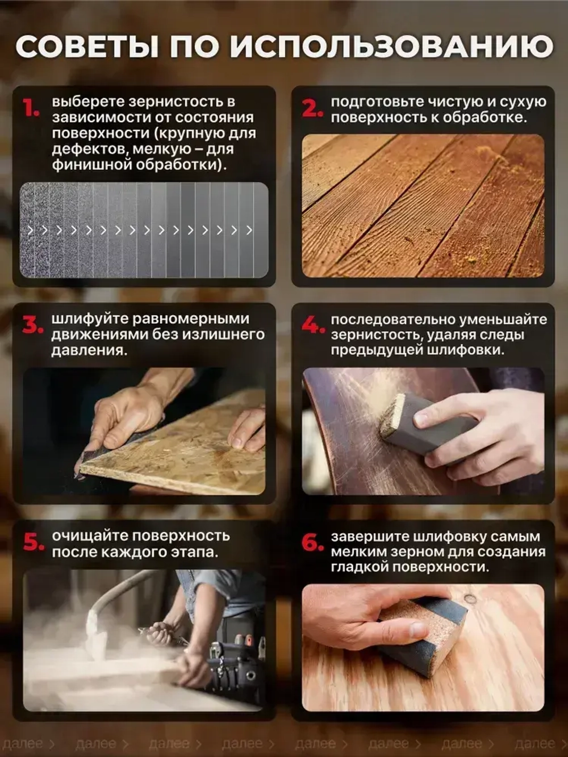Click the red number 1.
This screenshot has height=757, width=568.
click(x=31, y=107)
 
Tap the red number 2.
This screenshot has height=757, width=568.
click(x=312, y=107)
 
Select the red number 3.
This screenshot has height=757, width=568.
click(x=33, y=325)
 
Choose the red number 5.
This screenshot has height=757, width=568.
click(x=34, y=542)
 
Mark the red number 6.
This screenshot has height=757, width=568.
click(x=313, y=542)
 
